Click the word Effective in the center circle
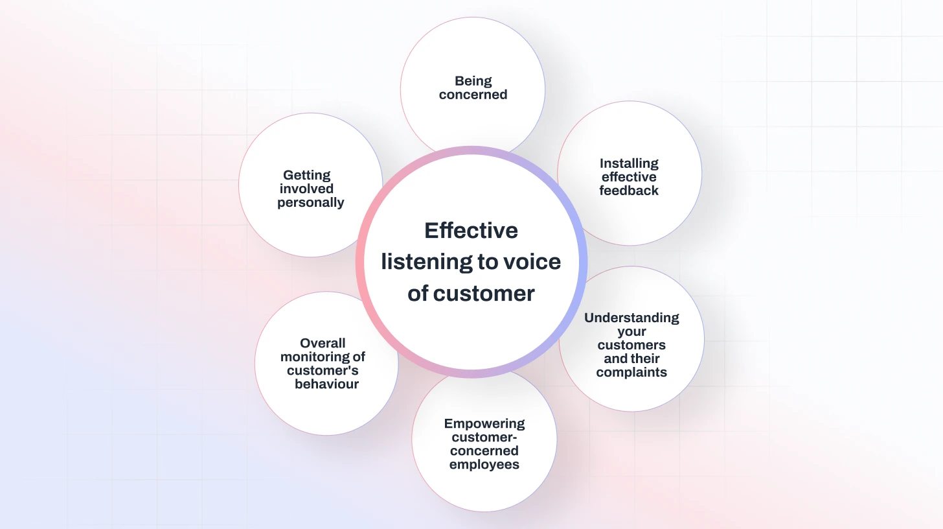[x=471, y=231]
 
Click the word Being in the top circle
[x=473, y=81]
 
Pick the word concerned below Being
[x=473, y=95]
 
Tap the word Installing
[x=629, y=163]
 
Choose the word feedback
[x=629, y=191]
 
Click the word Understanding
[x=631, y=318]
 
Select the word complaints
[x=631, y=372]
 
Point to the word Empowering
[x=484, y=424]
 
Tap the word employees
[x=484, y=464]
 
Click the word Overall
[x=323, y=343]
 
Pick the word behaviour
[x=326, y=384]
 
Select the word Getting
[x=307, y=175]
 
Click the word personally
[x=311, y=202]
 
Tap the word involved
[x=307, y=189]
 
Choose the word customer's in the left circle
[x=323, y=370]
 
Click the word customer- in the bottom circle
[x=484, y=438]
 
